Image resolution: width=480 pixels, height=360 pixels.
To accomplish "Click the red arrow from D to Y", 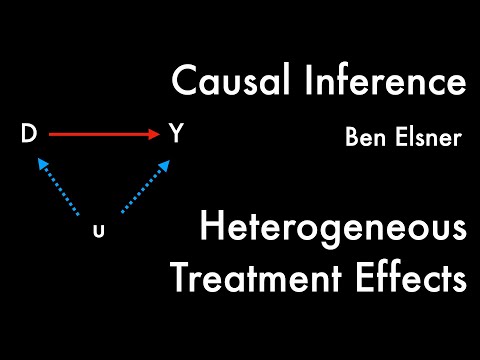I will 100,134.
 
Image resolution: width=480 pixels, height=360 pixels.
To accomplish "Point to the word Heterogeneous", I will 332,232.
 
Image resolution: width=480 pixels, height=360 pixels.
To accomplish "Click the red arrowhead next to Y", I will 154,134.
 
